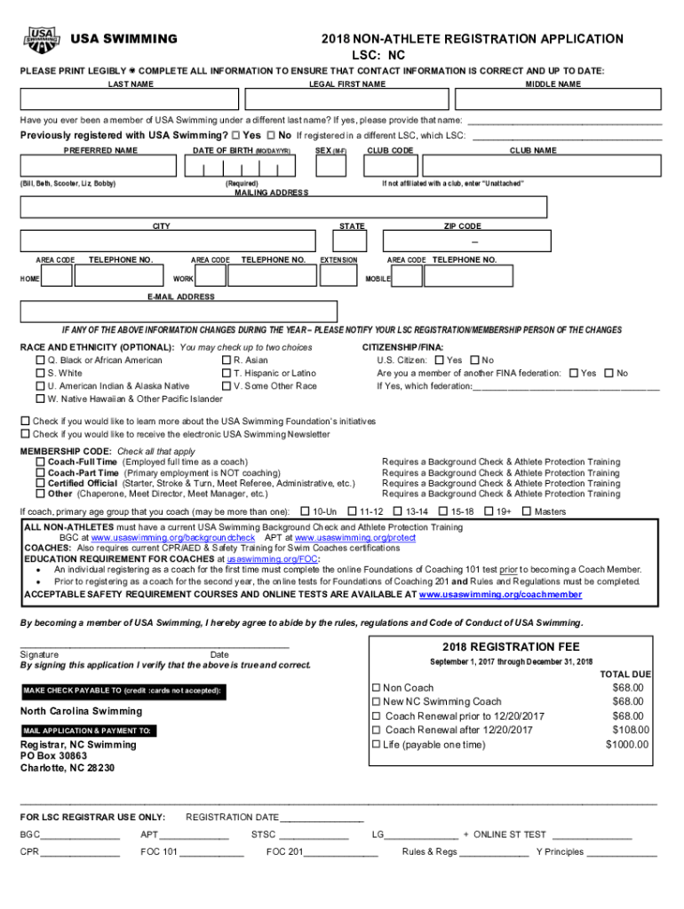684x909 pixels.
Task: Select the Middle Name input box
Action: (x=553, y=99)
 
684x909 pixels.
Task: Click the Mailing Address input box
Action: (x=283, y=207)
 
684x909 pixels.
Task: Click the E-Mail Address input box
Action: (x=179, y=312)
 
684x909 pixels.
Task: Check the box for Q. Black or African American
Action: (x=40, y=361)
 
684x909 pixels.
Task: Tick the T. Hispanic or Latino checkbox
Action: (x=227, y=374)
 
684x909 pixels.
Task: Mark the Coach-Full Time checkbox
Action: (x=40, y=462)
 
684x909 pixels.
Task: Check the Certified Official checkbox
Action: (x=40, y=484)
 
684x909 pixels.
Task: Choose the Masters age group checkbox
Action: (x=526, y=511)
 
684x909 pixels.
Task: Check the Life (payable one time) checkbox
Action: (x=376, y=744)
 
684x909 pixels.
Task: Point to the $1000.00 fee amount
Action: (x=627, y=745)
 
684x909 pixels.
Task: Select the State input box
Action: (x=352, y=241)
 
